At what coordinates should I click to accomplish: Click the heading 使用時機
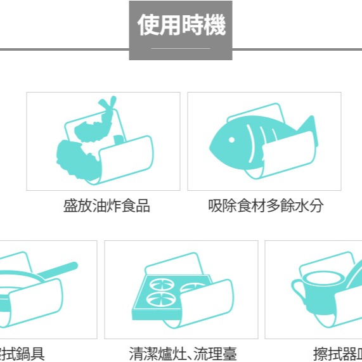pos(181,26)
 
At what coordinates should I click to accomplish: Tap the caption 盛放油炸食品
pos(107,206)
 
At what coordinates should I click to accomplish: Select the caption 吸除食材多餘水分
pos(266,206)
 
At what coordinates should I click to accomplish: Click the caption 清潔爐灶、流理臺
pos(183,353)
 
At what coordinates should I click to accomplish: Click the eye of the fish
pos(233,139)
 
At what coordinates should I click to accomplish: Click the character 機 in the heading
pos(214,26)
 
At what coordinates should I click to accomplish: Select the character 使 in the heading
pos(148,26)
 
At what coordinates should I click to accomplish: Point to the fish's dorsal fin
pos(254,119)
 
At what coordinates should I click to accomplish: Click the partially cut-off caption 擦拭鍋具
pos(22,353)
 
